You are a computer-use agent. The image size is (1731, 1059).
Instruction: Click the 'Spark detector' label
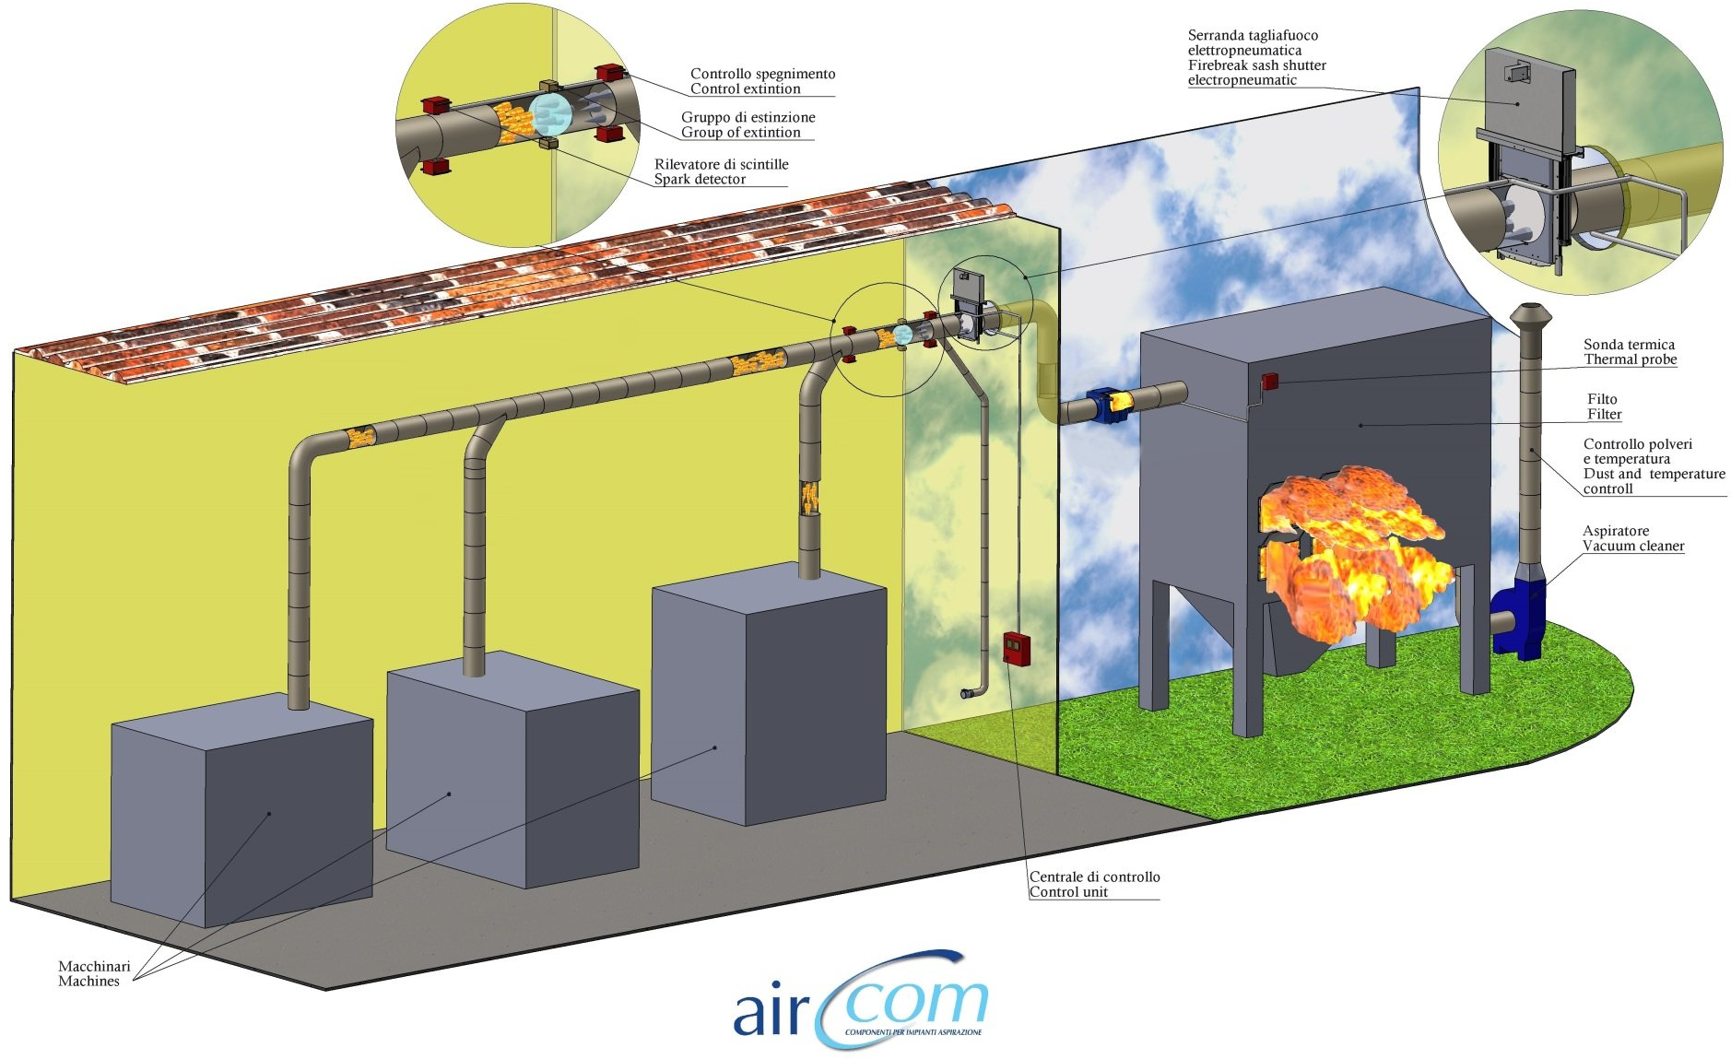700,180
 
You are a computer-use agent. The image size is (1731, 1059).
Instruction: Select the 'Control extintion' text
745,89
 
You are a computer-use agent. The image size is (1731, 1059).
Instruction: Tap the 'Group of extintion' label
740,133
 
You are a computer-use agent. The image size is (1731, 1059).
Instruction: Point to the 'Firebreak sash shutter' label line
1257,65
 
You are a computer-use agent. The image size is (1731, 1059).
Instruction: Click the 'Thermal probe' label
1630,359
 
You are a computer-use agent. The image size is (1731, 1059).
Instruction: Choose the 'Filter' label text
1604,415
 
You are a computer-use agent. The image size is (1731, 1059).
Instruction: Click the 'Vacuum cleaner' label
1633,546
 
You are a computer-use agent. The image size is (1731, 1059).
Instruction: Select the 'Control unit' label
1068,892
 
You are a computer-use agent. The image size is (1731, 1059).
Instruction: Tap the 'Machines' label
88,982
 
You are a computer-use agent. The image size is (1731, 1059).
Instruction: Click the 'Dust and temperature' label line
1654,474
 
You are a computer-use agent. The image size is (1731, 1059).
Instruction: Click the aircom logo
861,1001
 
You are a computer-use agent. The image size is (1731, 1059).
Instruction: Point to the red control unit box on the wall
1016,648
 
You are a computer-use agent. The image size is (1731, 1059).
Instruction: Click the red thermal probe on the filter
1270,381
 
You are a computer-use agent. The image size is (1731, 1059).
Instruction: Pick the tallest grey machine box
769,694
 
